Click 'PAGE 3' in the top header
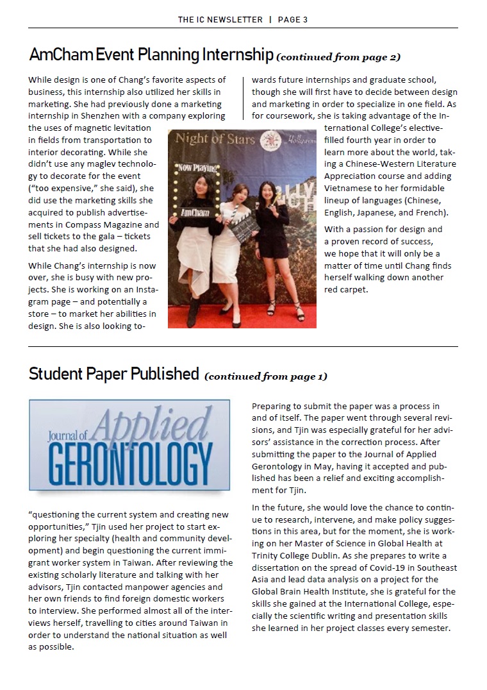tap(293, 19)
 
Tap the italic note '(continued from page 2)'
tap(338, 57)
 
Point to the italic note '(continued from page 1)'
tap(266, 376)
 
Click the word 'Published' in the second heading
tap(165, 374)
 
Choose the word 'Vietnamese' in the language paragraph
tap(349, 188)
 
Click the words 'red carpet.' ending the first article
tap(347, 289)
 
